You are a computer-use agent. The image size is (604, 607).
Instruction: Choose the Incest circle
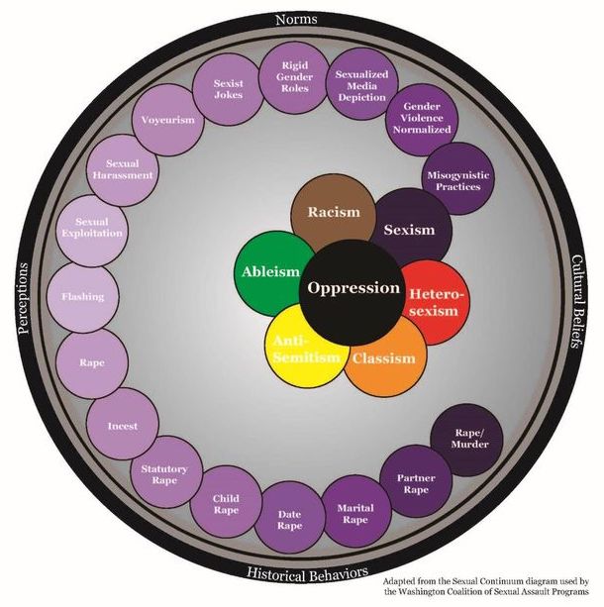pyautogui.click(x=122, y=426)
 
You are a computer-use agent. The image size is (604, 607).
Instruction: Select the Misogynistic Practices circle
pyautogui.click(x=456, y=179)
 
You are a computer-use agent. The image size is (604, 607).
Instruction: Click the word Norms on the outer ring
pyautogui.click(x=303, y=18)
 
